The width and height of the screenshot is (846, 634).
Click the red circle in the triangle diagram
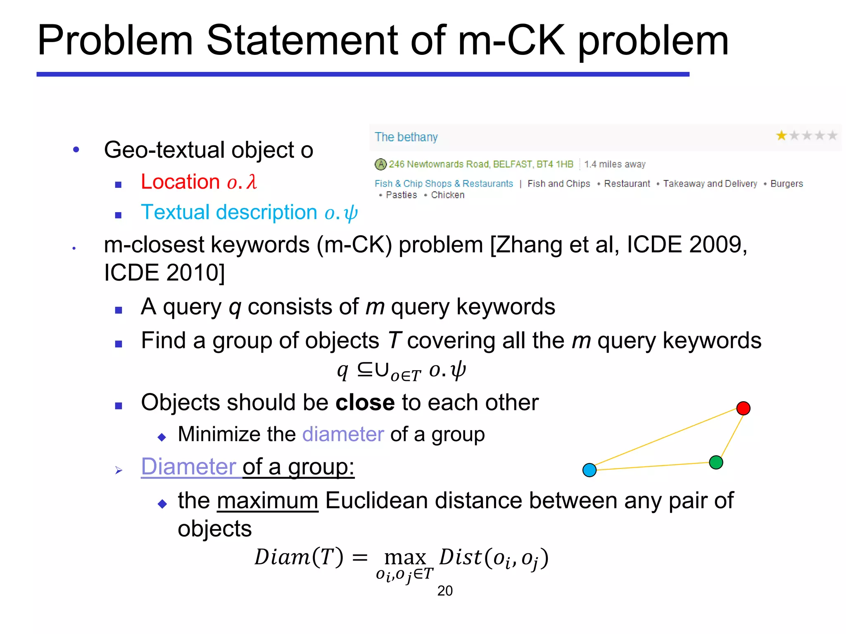click(x=743, y=408)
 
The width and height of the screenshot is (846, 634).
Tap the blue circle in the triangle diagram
click(x=589, y=470)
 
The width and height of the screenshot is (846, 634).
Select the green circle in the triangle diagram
click(x=716, y=462)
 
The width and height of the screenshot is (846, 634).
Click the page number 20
click(x=445, y=591)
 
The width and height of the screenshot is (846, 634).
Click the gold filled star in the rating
click(x=781, y=135)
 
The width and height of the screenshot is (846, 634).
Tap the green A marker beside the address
click(x=380, y=164)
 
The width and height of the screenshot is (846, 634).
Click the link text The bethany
click(x=406, y=137)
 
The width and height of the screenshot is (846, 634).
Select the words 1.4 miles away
click(x=615, y=164)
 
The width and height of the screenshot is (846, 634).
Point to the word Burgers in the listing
click(x=787, y=184)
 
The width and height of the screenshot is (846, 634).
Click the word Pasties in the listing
click(x=401, y=195)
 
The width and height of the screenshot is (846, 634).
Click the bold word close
click(x=365, y=402)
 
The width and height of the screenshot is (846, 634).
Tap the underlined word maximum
click(x=267, y=501)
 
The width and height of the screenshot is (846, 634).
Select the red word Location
click(x=180, y=182)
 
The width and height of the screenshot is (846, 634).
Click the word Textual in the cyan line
click(x=176, y=213)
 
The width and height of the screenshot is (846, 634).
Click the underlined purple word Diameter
click(x=188, y=467)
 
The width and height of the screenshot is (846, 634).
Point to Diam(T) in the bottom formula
click(x=298, y=557)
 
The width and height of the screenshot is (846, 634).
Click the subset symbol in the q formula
click(x=364, y=369)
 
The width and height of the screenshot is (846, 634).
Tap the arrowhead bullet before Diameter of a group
click(x=119, y=470)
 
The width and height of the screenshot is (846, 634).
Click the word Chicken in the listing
click(x=447, y=195)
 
